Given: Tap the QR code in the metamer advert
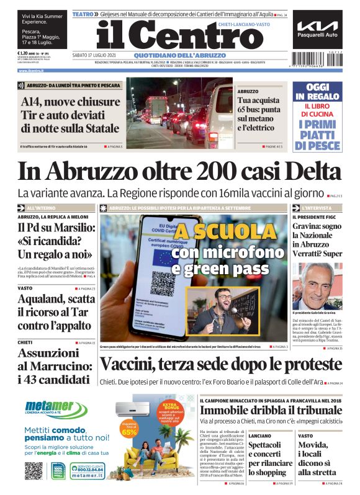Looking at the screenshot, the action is tap(34, 471).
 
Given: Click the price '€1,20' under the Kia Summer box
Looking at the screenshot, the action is tap(25, 54).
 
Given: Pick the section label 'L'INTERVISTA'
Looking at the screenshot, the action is tap(317, 208).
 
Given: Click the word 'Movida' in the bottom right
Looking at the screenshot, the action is tap(313, 446).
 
